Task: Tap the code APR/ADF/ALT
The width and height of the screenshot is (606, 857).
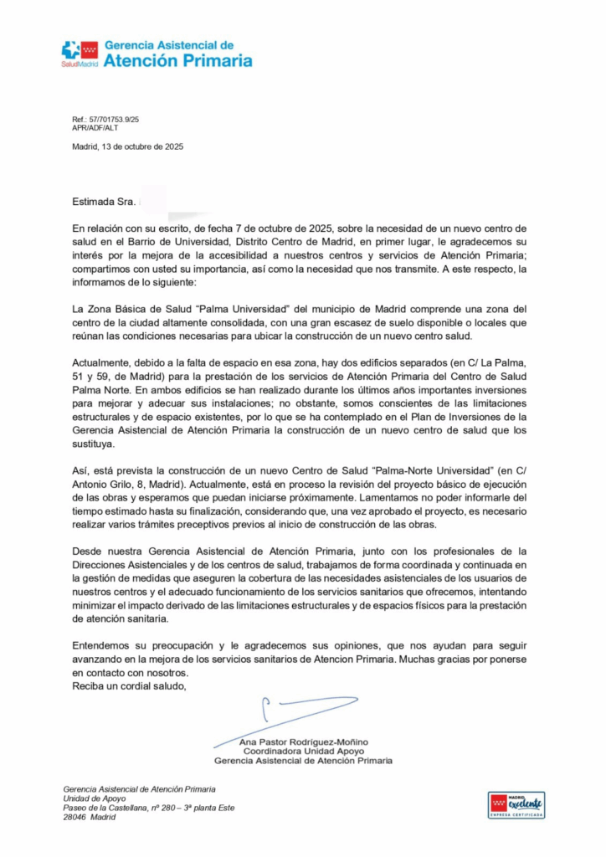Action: (x=95, y=128)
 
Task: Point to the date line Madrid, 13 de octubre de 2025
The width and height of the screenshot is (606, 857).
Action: (x=127, y=146)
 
